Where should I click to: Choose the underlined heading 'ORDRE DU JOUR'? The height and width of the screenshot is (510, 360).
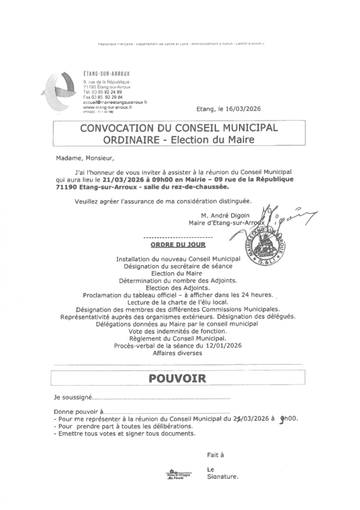point(178,244)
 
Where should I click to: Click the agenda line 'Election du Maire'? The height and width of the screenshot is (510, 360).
point(178,273)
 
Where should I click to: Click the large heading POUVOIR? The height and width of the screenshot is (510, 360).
point(178,378)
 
